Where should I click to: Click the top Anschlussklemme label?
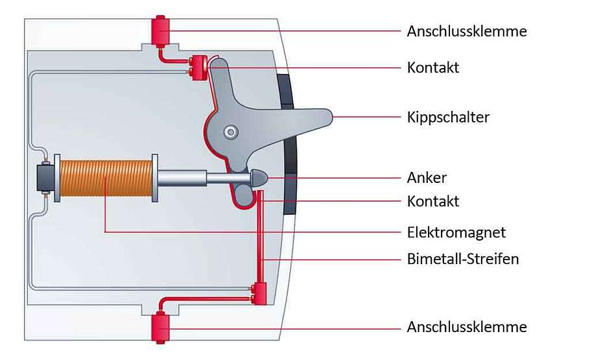(x=467, y=31)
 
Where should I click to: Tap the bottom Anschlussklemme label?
(x=467, y=326)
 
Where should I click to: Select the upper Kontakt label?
(x=432, y=67)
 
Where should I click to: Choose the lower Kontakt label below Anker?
(x=432, y=201)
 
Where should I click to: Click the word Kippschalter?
(x=448, y=117)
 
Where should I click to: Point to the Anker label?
(x=427, y=177)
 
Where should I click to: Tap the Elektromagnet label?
(x=456, y=232)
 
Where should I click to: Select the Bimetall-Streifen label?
(x=463, y=259)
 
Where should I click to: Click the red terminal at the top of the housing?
(x=159, y=29)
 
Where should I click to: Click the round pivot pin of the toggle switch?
(x=229, y=132)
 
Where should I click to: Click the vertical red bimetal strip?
(x=261, y=240)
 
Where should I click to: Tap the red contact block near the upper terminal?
(x=198, y=67)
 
